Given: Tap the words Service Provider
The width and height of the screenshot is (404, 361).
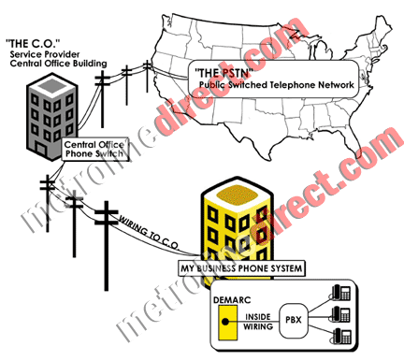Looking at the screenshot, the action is point(50,56).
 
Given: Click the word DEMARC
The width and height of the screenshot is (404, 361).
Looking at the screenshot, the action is point(231,300).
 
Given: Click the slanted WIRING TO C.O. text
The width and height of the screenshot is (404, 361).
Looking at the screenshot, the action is point(149,230).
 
